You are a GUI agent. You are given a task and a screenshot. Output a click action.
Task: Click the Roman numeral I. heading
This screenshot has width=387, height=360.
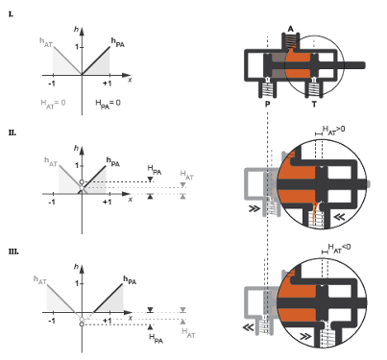click(11, 14)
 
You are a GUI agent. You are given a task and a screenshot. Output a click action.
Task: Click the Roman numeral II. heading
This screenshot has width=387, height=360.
click(12, 132)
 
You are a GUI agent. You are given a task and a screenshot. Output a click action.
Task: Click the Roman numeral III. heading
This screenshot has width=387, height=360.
click(13, 252)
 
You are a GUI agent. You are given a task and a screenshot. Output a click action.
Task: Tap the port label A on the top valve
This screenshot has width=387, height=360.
click(290, 29)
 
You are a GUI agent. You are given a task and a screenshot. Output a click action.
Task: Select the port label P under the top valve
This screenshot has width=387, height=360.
click(268, 105)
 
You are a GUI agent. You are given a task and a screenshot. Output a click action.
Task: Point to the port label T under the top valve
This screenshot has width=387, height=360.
click(314, 105)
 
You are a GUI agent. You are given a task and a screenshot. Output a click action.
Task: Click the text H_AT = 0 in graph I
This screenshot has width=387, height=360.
click(53, 104)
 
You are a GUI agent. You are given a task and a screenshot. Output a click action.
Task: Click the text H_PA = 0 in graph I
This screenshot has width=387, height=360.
click(108, 104)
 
